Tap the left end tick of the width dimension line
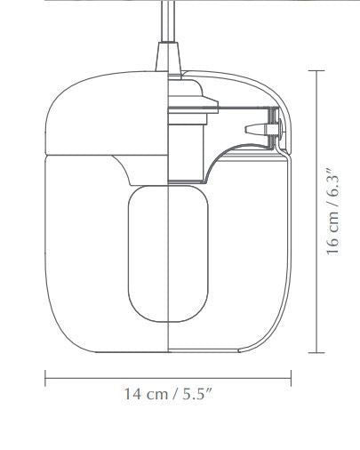click(x=45, y=379)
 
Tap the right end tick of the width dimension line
click(x=292, y=379)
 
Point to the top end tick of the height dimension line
click(x=319, y=69)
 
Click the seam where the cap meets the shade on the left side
click(x=53, y=152)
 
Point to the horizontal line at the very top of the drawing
click(x=178, y=2)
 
